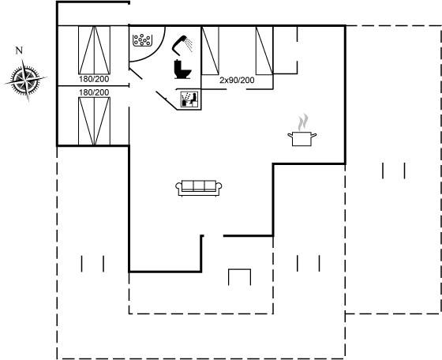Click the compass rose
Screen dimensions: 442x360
click(x=26, y=80)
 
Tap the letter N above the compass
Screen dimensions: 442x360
click(x=19, y=51)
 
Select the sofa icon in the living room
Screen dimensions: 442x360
click(x=199, y=188)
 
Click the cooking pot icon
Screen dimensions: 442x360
click(x=302, y=139)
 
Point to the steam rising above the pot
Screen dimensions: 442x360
click(x=303, y=122)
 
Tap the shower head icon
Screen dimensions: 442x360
click(x=182, y=44)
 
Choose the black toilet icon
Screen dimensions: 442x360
click(x=182, y=69)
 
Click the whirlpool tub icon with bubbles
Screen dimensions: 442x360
click(x=142, y=40)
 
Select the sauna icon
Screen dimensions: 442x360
click(x=189, y=99)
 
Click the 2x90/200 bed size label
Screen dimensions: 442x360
click(x=237, y=81)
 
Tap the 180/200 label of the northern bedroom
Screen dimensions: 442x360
click(x=94, y=79)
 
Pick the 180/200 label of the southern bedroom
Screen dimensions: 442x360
click(x=94, y=92)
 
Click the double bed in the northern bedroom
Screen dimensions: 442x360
click(x=94, y=51)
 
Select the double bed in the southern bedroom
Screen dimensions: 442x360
click(x=94, y=122)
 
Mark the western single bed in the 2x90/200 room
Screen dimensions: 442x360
click(x=210, y=51)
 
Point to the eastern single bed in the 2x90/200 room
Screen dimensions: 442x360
click(x=264, y=51)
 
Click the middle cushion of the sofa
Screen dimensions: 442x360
click(x=199, y=186)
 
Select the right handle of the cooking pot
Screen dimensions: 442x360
click(x=314, y=136)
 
